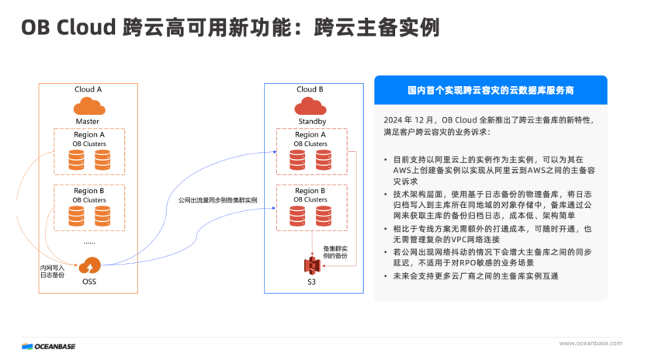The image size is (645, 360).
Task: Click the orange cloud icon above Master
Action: coord(88,107)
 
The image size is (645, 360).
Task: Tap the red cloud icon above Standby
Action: coord(310,107)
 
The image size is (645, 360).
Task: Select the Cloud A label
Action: coord(88,89)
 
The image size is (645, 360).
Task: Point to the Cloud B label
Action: coord(310,89)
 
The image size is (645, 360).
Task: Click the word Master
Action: coord(88,122)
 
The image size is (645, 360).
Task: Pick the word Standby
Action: coord(311,122)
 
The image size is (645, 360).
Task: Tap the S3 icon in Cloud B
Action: coord(312,265)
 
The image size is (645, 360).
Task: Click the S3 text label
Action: coord(312,283)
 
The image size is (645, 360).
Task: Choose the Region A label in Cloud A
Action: coord(89,134)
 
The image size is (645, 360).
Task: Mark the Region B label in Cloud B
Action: coord(310,191)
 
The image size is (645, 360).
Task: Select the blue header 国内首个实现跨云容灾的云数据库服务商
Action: coord(491,90)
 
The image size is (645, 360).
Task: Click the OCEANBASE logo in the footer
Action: coord(49,345)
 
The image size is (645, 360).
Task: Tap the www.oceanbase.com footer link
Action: coord(591,344)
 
